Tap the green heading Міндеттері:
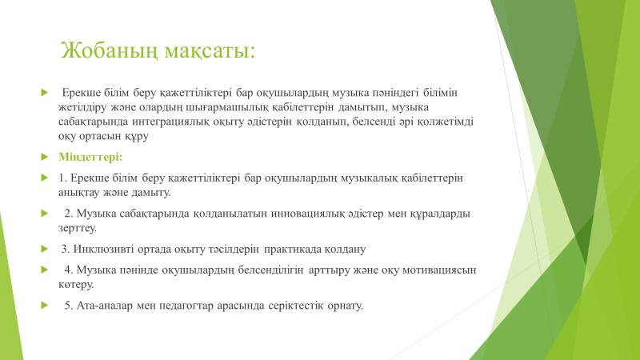click(90, 157)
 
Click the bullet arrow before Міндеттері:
click(45, 157)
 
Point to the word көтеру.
click(76, 285)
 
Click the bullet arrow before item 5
click(45, 306)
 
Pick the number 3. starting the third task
click(66, 249)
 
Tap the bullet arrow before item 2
click(45, 213)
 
